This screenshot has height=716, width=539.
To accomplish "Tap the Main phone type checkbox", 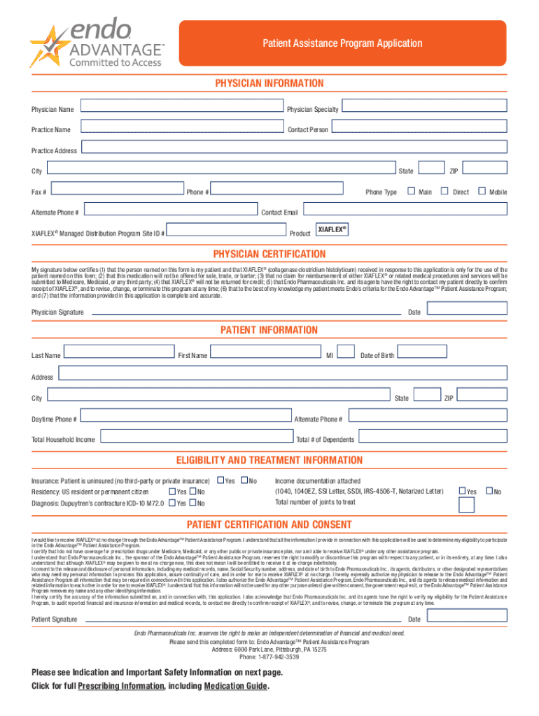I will (x=411, y=191).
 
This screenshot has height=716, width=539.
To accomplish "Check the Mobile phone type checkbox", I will (x=481, y=191).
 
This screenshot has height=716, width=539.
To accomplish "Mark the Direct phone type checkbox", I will (x=444, y=191).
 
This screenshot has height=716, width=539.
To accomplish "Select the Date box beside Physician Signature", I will (x=467, y=309).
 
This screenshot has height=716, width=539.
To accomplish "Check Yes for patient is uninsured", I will (x=220, y=480).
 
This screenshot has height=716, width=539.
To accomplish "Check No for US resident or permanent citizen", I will (x=192, y=492).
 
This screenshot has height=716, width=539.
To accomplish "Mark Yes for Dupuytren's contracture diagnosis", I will (x=172, y=503).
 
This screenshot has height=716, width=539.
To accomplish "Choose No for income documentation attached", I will (x=489, y=492).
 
